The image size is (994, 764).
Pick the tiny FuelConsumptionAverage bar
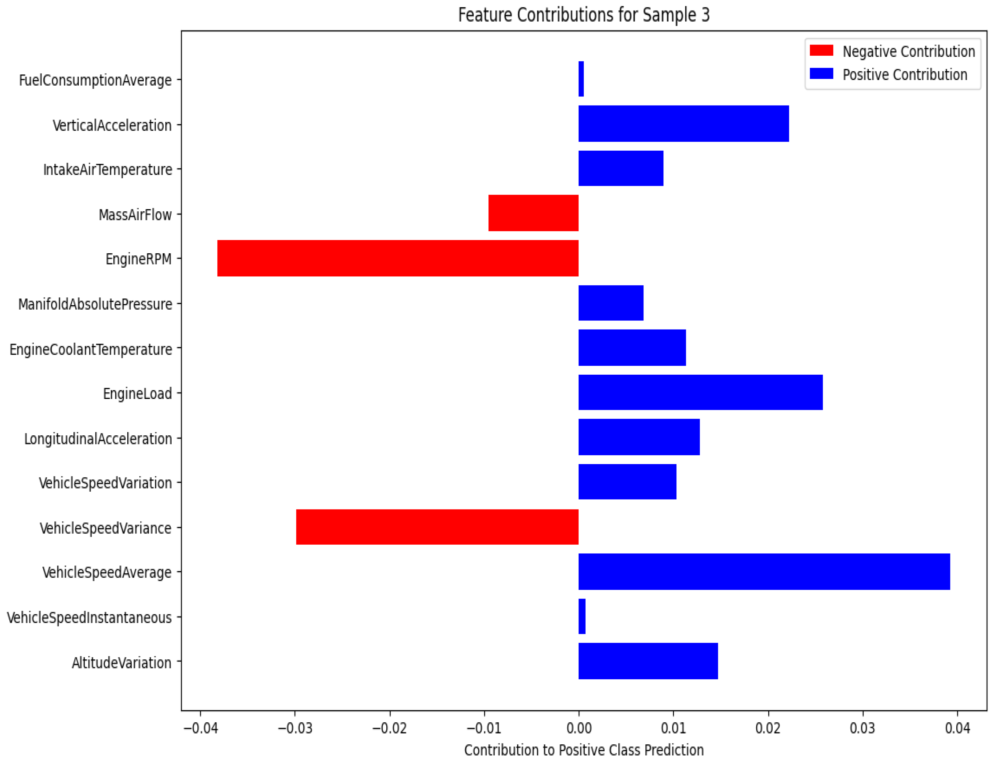(581, 79)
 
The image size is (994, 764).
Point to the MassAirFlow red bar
(533, 213)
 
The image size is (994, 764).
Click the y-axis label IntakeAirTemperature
(107, 170)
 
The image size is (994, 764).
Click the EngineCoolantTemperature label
(91, 349)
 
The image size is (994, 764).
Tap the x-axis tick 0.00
(579, 728)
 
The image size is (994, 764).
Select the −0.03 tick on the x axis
(295, 728)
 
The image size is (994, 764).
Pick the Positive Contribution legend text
(904, 75)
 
